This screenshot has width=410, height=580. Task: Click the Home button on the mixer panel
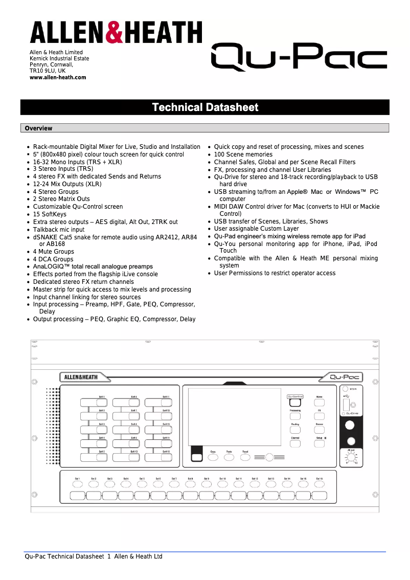coord(319,403)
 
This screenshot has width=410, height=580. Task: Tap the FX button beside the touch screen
coord(319,416)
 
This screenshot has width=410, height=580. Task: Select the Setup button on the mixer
coord(319,444)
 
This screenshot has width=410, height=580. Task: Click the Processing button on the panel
coord(295,416)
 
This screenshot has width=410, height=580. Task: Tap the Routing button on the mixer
coord(295,430)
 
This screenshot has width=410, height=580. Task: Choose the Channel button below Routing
coord(295,444)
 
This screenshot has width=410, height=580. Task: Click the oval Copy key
coord(213,458)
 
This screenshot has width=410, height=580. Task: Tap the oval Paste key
coord(229,458)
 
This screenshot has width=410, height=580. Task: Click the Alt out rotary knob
coord(351,458)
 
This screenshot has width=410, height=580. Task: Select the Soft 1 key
coord(101,403)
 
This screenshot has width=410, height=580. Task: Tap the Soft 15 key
coord(166,457)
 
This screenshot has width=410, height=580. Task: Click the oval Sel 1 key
coord(77,484)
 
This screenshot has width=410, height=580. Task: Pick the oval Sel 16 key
coord(319,484)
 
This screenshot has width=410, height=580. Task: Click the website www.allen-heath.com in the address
coord(58,78)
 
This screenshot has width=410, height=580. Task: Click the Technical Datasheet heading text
coord(205,107)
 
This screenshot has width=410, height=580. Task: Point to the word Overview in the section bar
coord(38,128)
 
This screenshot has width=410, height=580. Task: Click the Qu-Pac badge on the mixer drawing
coord(345,377)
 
